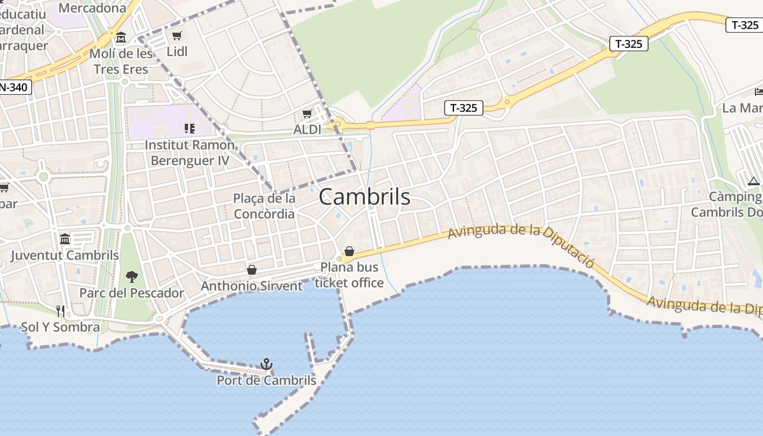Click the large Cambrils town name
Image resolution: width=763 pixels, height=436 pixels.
[x=364, y=197]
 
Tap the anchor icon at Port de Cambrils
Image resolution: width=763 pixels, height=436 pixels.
[x=266, y=364]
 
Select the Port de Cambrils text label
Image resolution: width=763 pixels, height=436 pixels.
[x=266, y=380]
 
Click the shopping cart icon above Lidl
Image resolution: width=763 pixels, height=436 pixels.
[x=177, y=36]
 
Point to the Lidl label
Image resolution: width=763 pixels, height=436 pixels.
[x=177, y=51]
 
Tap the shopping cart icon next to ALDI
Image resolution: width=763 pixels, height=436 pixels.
[x=307, y=114]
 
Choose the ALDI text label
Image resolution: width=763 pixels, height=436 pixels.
[x=307, y=130]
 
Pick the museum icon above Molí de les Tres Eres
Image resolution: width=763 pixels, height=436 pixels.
[x=121, y=38]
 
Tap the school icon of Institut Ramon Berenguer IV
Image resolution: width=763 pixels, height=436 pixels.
[x=189, y=129]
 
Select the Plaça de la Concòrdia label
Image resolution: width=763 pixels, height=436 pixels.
[x=264, y=206]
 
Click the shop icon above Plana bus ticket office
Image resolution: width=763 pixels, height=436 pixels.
[x=349, y=252]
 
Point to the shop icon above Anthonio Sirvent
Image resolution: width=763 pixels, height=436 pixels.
[x=252, y=270]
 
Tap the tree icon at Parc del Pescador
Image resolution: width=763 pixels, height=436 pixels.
[x=132, y=277]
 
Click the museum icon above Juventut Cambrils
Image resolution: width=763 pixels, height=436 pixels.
[x=65, y=239]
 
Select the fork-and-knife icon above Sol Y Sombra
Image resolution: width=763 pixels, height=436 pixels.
[x=60, y=311]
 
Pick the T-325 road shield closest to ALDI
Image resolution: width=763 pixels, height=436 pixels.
[x=464, y=108]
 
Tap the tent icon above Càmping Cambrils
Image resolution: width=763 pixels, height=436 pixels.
[x=754, y=181]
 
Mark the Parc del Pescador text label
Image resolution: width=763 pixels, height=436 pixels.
[x=132, y=293]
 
